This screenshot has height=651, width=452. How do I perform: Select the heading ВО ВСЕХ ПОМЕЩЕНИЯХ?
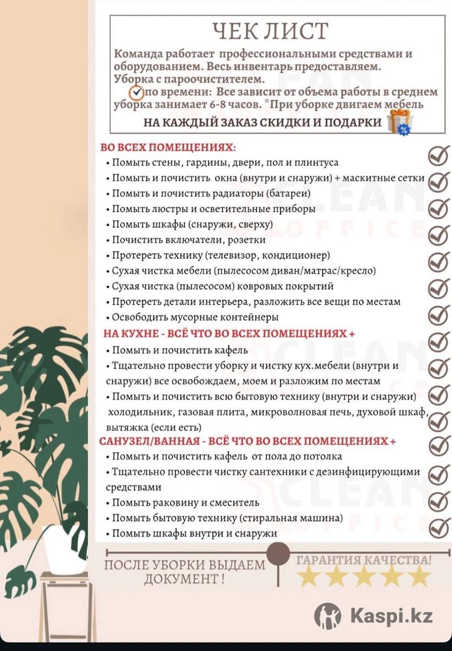pos(168,148)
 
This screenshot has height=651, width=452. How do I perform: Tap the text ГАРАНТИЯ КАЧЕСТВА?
pos(364,559)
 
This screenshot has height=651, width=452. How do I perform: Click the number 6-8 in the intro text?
pos(210,105)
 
